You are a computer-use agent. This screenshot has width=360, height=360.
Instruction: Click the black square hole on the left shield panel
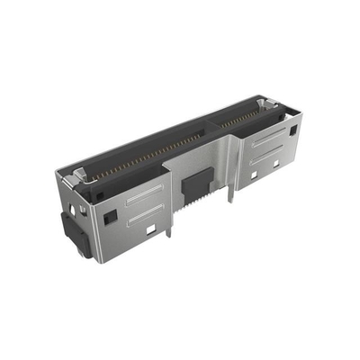click(108, 218)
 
